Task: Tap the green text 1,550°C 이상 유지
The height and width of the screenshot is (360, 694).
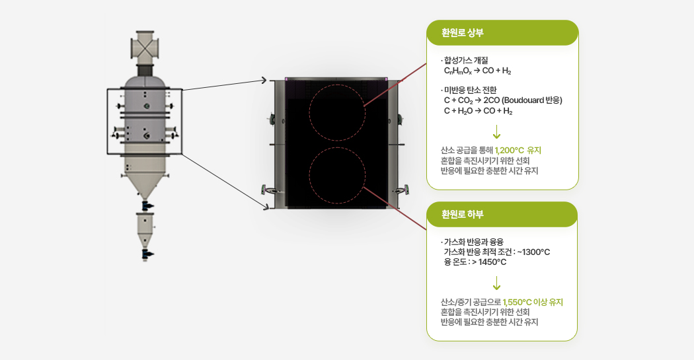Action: (x=533, y=302)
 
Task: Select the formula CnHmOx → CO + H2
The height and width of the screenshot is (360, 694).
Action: (x=477, y=71)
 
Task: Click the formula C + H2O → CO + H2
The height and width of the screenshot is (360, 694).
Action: (x=477, y=111)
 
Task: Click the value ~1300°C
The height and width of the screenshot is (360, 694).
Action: (x=533, y=252)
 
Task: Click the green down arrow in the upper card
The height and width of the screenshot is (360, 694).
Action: (x=497, y=132)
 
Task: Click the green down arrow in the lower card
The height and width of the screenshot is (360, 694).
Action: (x=497, y=284)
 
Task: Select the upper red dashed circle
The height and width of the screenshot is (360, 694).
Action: (x=337, y=113)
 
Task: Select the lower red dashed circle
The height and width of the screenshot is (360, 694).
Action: (x=337, y=174)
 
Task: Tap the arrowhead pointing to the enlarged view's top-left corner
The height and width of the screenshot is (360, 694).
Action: (x=264, y=81)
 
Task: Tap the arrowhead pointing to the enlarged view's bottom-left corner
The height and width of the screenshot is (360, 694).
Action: (x=265, y=207)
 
